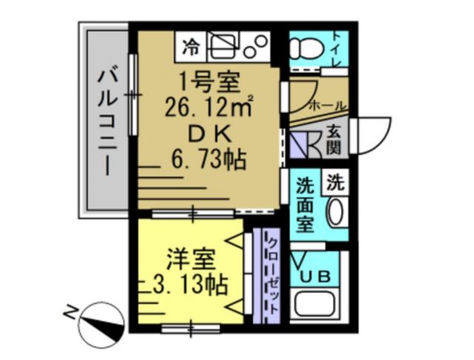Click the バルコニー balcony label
(108, 121)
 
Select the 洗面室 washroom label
(304, 203)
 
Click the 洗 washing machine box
(336, 180)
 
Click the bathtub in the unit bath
(317, 306)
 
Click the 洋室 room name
(191, 260)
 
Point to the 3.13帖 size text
(189, 284)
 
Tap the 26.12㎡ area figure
(210, 108)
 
